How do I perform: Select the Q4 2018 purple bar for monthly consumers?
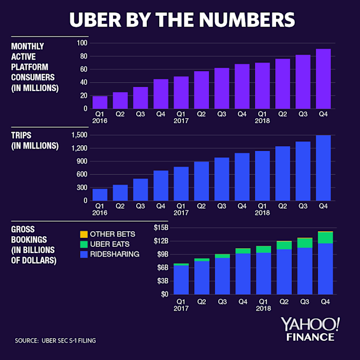[x=323, y=79]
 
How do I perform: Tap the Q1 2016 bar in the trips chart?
[x=100, y=194]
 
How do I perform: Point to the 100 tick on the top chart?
[x=82, y=43]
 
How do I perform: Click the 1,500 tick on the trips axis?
[x=79, y=135]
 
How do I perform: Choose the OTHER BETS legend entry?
[x=104, y=234]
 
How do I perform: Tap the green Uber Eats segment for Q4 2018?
[x=325, y=238]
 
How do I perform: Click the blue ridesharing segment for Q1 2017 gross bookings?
[x=181, y=280]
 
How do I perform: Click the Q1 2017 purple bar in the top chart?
[x=181, y=92]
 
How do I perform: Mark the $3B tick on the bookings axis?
[x=162, y=281]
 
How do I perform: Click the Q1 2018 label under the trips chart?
[x=262, y=209]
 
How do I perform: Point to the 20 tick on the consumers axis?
[x=83, y=95]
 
